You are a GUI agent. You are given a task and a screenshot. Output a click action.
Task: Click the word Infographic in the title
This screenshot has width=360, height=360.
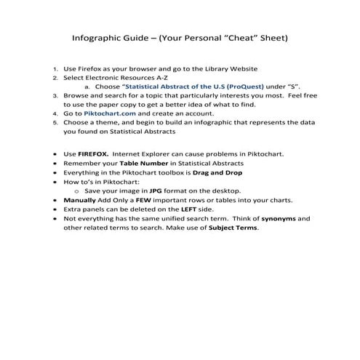[x=102, y=36]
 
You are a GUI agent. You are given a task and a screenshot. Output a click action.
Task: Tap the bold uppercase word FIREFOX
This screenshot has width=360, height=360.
[x=93, y=155]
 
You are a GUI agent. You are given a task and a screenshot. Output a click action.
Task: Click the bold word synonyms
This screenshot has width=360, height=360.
[x=279, y=218]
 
